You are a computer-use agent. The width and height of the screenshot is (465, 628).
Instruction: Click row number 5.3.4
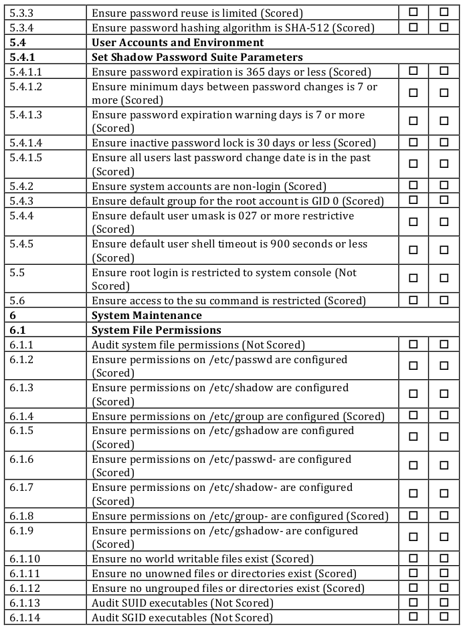click(22, 27)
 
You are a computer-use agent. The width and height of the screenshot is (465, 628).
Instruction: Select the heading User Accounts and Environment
click(177, 42)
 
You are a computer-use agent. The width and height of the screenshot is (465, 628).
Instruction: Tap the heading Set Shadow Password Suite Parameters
click(197, 57)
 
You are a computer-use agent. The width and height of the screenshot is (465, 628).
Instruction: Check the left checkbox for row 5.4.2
click(413, 185)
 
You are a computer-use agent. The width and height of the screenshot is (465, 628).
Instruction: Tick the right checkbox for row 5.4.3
click(444, 200)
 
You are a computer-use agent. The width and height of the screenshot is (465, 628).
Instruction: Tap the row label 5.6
click(17, 301)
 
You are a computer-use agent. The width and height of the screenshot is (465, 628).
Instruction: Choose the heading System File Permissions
click(156, 330)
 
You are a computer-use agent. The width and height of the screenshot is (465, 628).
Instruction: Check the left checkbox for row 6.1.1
click(413, 344)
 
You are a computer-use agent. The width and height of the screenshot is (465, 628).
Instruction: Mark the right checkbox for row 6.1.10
click(444, 558)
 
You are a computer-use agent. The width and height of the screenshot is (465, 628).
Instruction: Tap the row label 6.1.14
click(25, 617)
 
